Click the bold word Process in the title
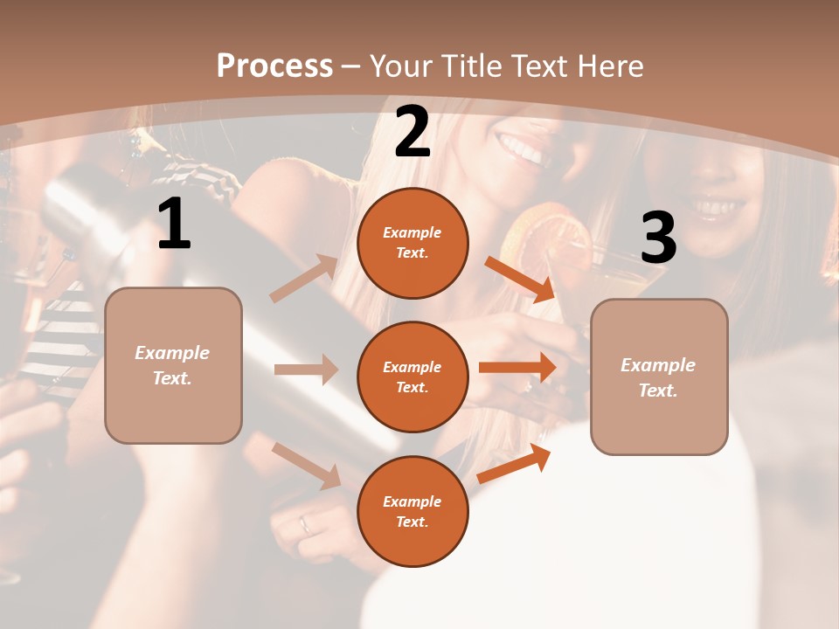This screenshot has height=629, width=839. [x=274, y=66]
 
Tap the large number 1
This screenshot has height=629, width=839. [x=174, y=225]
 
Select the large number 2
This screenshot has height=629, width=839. [x=413, y=132]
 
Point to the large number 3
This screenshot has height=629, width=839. [x=658, y=238]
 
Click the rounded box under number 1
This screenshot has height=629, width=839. [x=173, y=365]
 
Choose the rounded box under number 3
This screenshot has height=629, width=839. [x=659, y=377]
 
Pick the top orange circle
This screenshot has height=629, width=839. [x=413, y=243]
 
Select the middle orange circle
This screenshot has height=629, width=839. [x=413, y=377]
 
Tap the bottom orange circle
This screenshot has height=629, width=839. [x=413, y=511]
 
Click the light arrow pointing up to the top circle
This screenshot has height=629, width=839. [x=304, y=279]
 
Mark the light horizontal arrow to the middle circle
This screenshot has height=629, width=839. [x=306, y=370]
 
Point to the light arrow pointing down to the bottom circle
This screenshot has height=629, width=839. [x=306, y=465]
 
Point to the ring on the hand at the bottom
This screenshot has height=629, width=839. [x=304, y=524]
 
